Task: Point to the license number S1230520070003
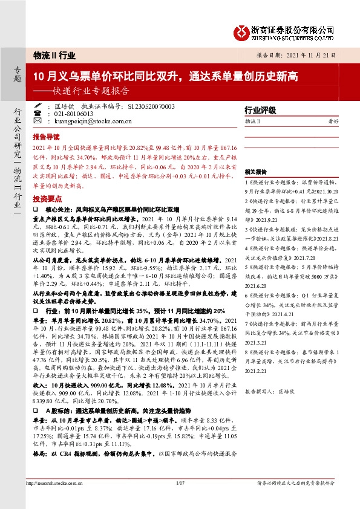pos(151,106)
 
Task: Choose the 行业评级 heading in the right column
pos(260,110)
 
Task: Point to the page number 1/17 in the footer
pos(180,482)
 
